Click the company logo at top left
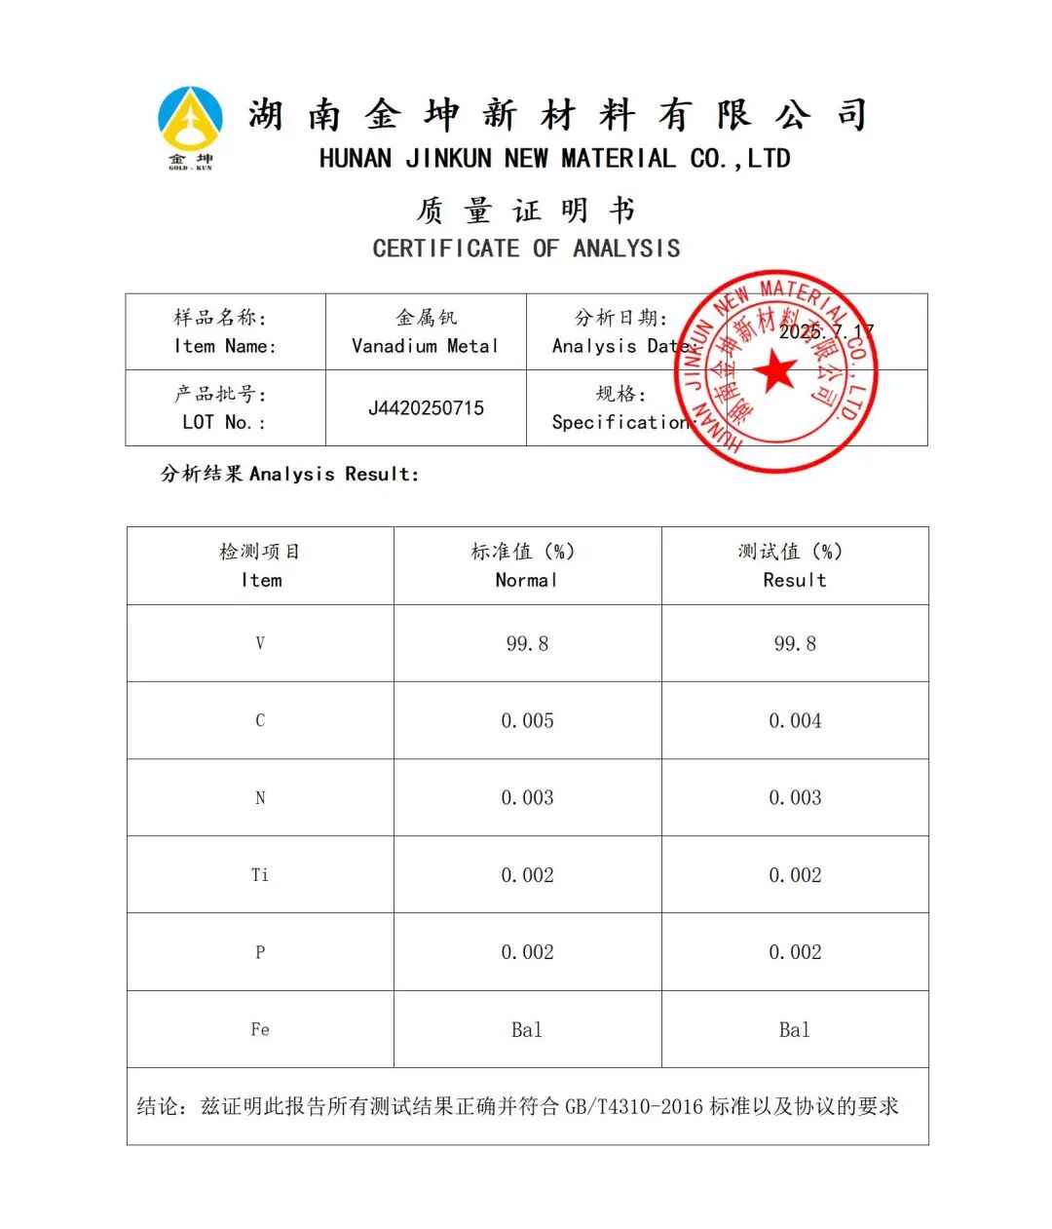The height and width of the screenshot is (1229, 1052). tap(191, 126)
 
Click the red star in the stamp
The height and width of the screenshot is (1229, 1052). tap(776, 371)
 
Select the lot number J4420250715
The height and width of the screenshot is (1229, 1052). tap(426, 408)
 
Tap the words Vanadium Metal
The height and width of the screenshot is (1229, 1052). tap(426, 346)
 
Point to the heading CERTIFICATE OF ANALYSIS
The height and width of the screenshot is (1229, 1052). tap(526, 249)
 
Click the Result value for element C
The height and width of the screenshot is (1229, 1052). tap(795, 721)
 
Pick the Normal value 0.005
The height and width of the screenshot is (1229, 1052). tap(527, 721)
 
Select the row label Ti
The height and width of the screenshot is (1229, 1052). tap(260, 875)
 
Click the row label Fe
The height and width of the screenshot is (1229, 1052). tap(260, 1029)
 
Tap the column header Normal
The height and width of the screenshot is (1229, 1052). tap(527, 580)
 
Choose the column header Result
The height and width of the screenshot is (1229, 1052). tap(795, 580)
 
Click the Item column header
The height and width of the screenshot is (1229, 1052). tap(261, 580)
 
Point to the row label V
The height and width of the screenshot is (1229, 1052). tap(260, 643)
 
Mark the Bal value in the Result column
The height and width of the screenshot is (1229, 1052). tap(795, 1029)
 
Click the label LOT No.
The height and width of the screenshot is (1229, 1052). tap(224, 422)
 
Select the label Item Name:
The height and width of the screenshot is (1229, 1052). tap(225, 346)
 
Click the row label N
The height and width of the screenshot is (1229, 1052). tap(260, 798)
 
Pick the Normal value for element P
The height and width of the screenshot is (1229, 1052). tap(527, 952)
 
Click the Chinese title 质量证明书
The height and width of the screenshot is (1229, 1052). tap(526, 211)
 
